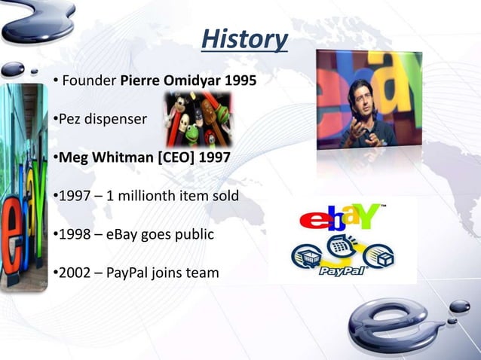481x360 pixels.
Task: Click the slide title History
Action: tap(244, 38)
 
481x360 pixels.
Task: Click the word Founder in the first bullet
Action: tap(88, 81)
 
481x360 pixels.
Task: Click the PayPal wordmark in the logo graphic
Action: tap(344, 270)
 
